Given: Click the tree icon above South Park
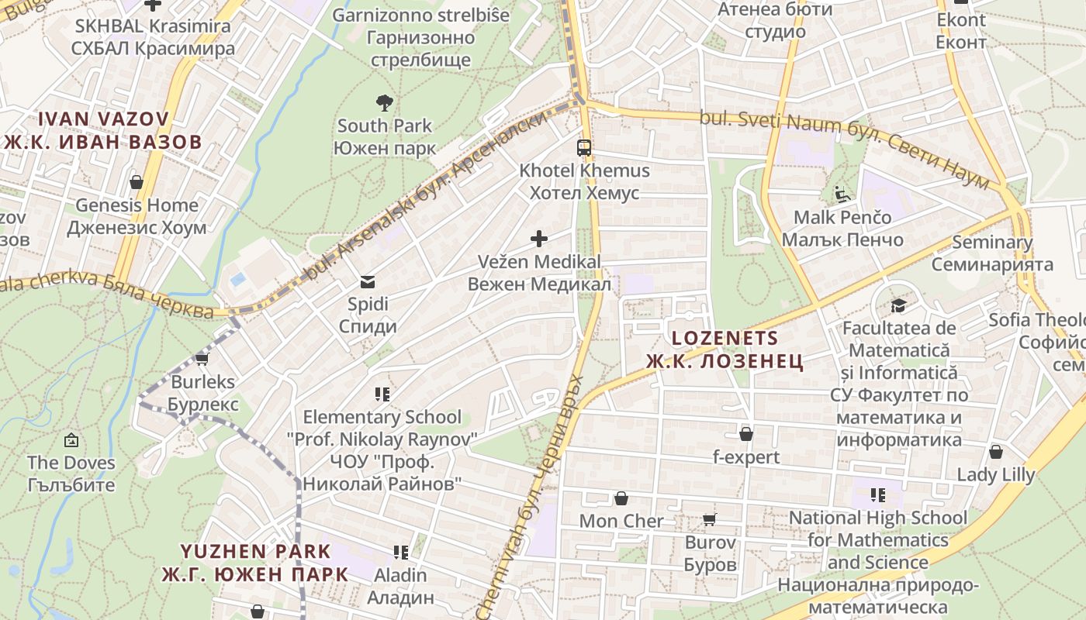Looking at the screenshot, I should tap(383, 102).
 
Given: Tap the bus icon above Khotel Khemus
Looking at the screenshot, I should tap(583, 147).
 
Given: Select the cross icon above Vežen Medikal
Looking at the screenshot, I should tap(538, 239).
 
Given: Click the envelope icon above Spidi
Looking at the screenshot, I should tap(367, 281).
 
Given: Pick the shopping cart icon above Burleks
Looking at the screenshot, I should tap(202, 359).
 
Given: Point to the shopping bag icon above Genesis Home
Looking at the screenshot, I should tap(137, 182).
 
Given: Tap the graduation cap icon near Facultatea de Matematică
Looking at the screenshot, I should tap(898, 306).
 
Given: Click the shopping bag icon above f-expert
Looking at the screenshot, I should tap(745, 434).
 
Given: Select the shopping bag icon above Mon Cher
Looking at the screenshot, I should tap(621, 498).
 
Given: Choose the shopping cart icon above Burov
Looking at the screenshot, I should tap(709, 519).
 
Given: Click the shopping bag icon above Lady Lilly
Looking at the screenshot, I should tap(995, 451).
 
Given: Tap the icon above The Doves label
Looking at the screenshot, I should tap(71, 440).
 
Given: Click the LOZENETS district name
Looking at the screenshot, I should tap(725, 338).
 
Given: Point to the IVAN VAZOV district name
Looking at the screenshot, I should tap(103, 119).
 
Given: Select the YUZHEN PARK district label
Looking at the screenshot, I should tap(255, 552).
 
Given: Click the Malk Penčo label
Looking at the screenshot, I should tap(842, 217).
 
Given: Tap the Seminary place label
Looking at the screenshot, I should tap(992, 243).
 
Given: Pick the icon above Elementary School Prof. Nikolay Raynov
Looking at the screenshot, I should tap(382, 394).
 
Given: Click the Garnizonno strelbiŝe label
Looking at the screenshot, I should tap(421, 15).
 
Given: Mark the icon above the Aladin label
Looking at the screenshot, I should tap(401, 553).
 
